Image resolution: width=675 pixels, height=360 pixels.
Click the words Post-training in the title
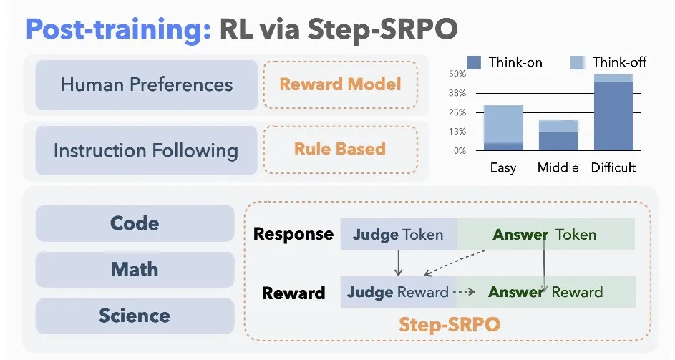[118, 29]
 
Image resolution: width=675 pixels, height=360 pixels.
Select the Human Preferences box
[147, 85]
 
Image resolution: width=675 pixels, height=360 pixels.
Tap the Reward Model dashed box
[341, 84]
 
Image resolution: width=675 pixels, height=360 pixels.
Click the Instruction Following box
[146, 150]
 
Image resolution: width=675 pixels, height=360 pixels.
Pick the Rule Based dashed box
[341, 150]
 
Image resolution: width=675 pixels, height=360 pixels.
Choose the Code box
[135, 223]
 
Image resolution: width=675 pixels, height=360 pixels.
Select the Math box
[135, 270]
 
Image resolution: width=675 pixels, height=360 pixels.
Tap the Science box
[135, 316]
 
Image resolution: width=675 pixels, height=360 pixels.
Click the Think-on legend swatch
[474, 62]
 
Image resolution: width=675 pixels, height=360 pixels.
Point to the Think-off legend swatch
[578, 62]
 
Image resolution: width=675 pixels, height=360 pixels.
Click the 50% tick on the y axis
[457, 74]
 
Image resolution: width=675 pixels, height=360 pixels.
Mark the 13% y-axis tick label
[457, 132]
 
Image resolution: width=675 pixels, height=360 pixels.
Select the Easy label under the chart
[503, 167]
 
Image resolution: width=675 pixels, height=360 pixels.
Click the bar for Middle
[559, 135]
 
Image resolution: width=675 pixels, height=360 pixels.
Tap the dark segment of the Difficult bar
[613, 116]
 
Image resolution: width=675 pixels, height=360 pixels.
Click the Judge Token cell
[398, 235]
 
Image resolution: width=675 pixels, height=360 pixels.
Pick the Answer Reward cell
[546, 292]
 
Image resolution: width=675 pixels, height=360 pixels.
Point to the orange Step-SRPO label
[450, 324]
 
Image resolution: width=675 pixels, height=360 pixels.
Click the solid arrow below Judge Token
[398, 263]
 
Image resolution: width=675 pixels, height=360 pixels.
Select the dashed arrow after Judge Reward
[464, 292]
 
